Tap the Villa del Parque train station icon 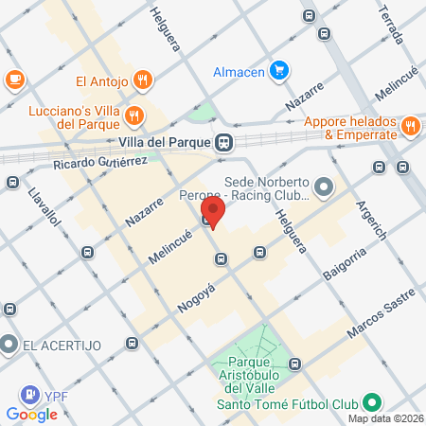pos(223,143)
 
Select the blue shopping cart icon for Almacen pos(278,70)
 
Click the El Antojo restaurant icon pos(141,80)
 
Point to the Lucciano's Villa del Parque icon pos(134,116)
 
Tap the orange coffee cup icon pos(14,80)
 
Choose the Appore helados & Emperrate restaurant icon pos(410,125)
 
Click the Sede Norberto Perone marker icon pos(324,186)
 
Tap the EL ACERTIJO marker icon pos(9,343)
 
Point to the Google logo pos(31,414)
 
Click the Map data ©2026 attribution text pos(384,418)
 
